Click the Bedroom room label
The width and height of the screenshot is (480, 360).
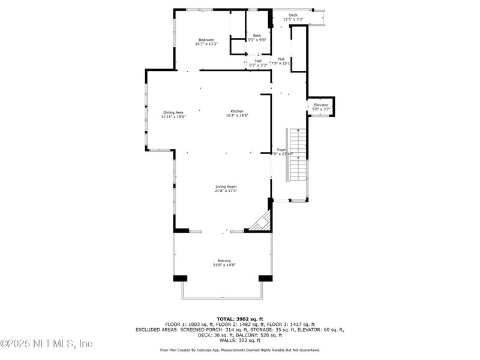(x=206, y=40)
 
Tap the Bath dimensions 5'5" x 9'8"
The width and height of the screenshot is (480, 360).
(x=257, y=40)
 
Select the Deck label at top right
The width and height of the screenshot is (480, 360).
(x=293, y=15)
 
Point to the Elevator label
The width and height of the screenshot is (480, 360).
(x=322, y=105)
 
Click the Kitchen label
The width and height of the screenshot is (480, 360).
(x=237, y=112)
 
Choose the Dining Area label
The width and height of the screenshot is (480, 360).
(x=173, y=112)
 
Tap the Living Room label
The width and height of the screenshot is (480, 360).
(x=226, y=187)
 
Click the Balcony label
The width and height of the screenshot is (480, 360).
(x=224, y=260)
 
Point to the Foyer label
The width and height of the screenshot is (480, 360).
(x=281, y=149)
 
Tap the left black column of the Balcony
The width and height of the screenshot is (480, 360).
(x=180, y=278)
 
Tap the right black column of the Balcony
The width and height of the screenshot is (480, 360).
(x=265, y=278)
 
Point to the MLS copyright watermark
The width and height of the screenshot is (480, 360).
(x=46, y=344)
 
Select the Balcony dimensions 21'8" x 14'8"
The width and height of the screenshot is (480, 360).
(x=224, y=265)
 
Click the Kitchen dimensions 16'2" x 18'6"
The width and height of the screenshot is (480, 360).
(x=237, y=116)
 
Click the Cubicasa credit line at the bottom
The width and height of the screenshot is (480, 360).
(x=239, y=350)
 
